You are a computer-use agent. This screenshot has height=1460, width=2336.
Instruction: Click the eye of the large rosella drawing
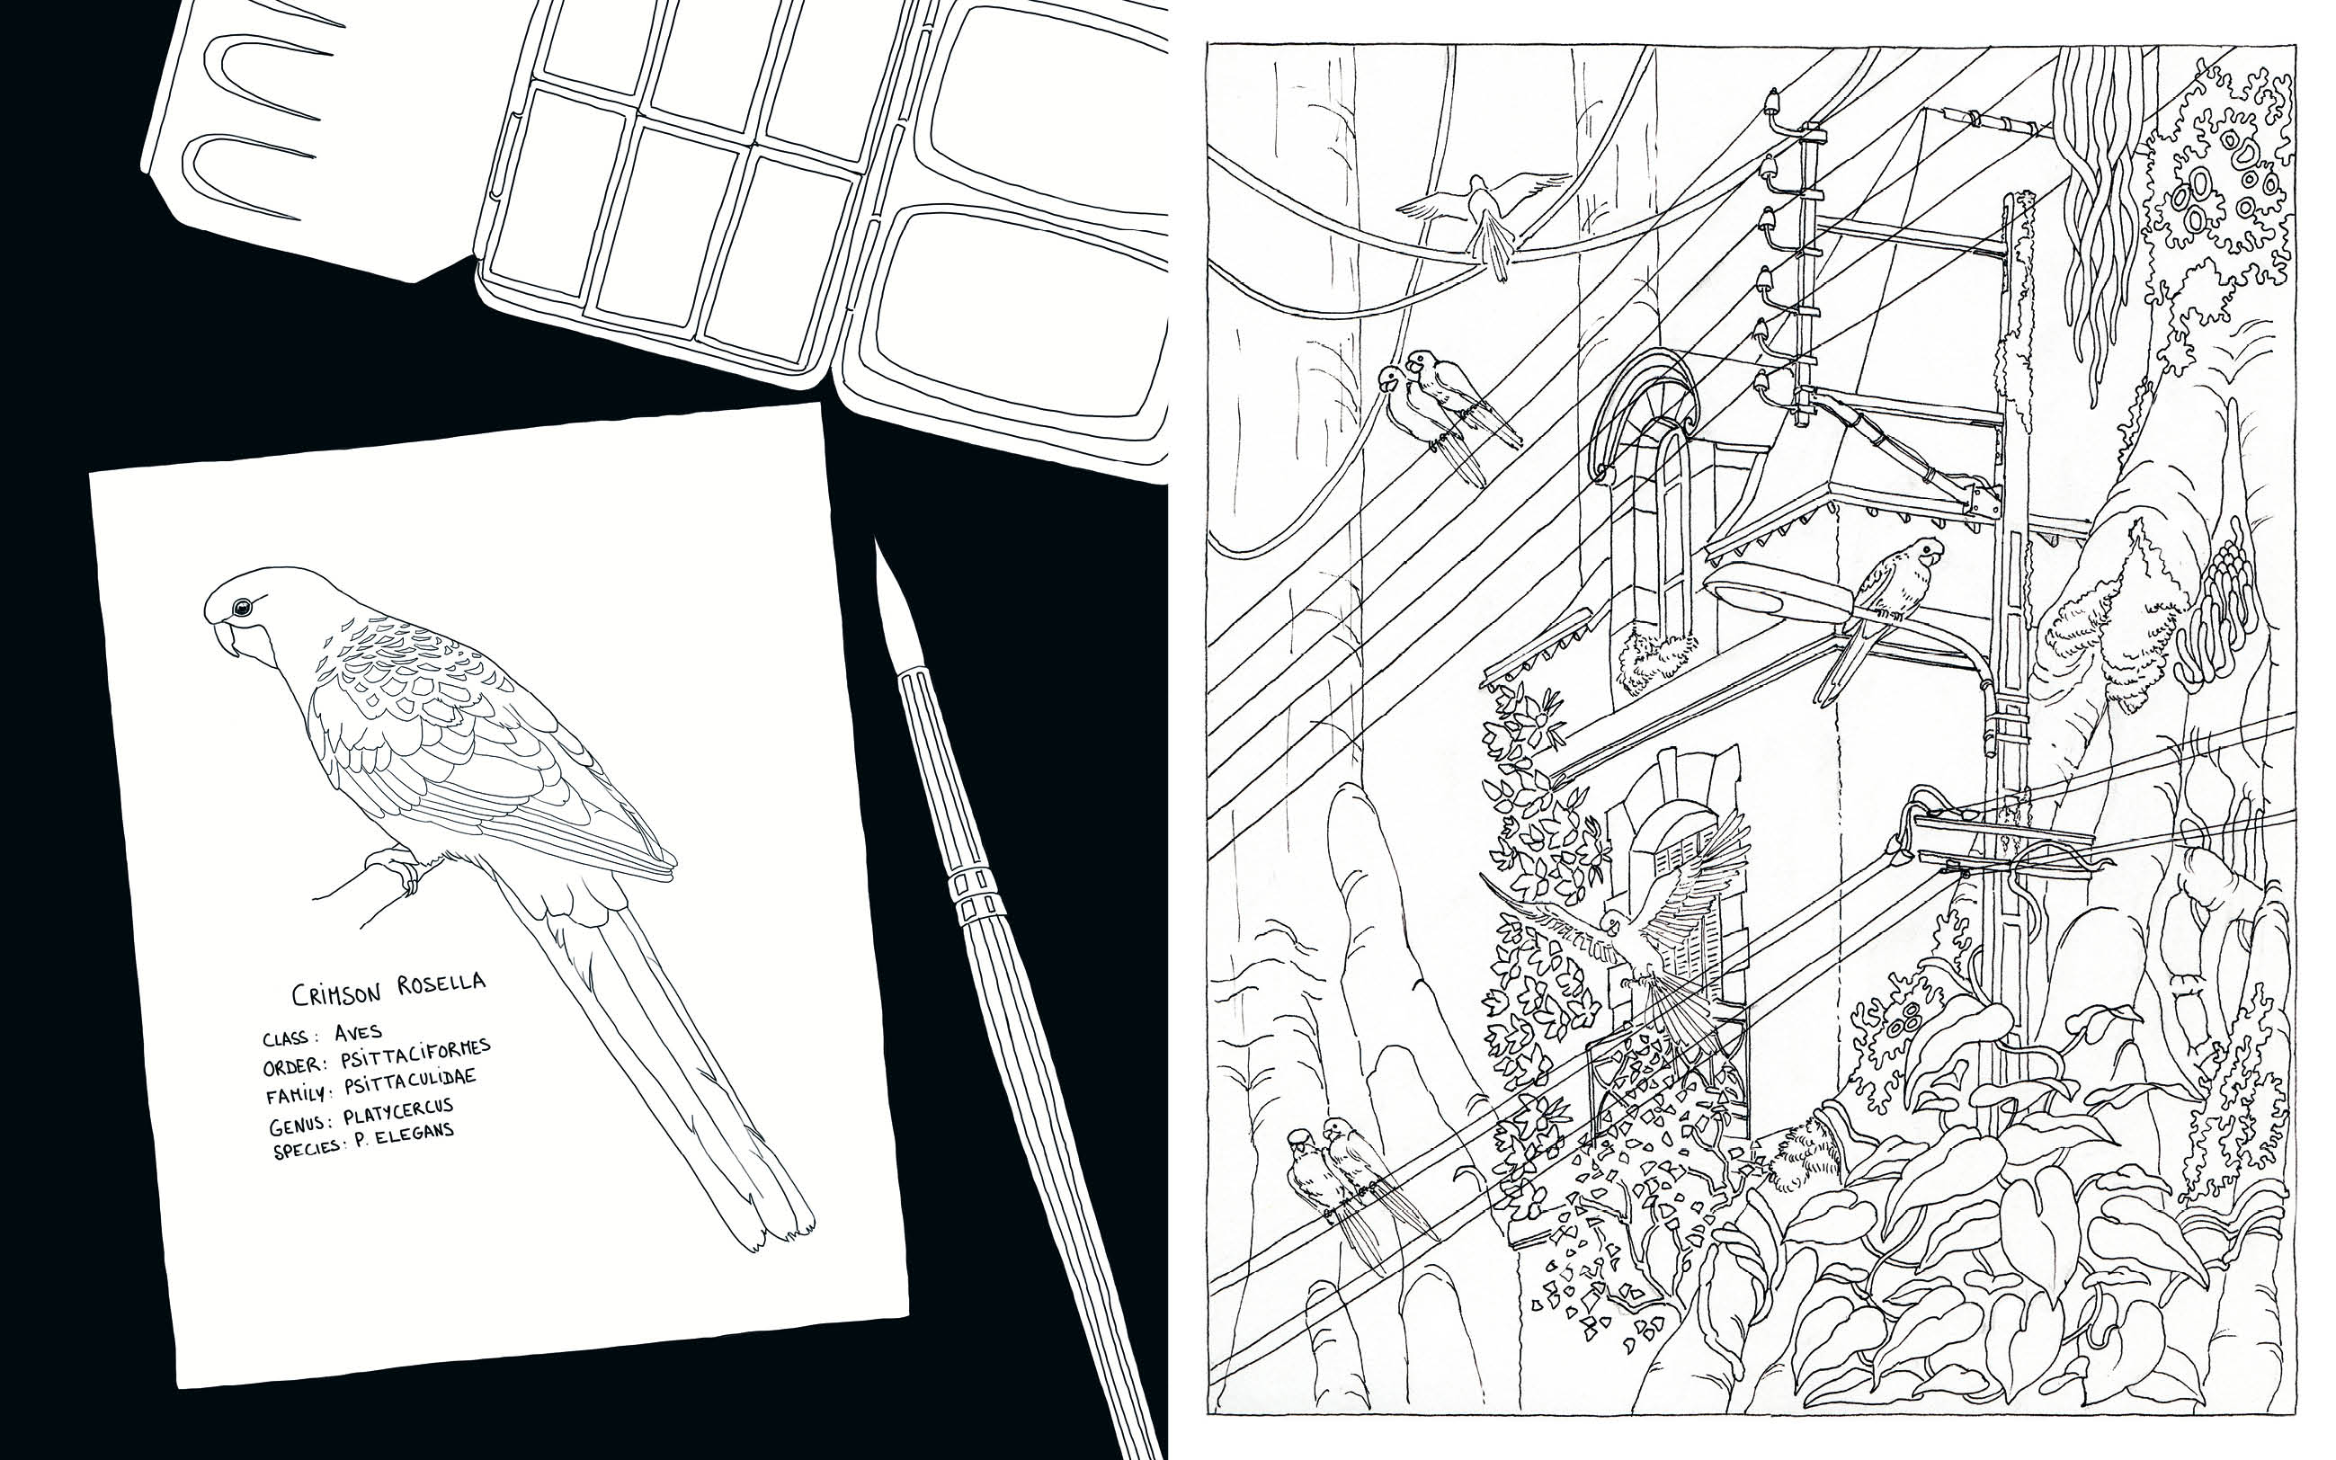pos(241,607)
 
